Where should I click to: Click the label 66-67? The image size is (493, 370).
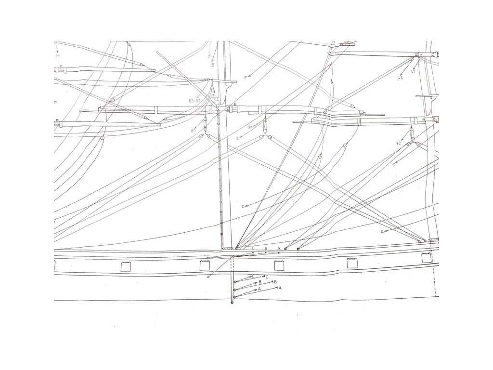tap(195, 100)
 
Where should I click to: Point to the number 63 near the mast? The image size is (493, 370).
tap(216, 99)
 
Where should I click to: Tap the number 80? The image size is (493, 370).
tap(193, 131)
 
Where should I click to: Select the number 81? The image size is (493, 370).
tap(250, 127)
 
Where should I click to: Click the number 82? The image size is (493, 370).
tap(399, 144)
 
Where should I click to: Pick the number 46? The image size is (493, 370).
tap(401, 77)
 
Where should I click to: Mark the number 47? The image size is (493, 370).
tap(413, 72)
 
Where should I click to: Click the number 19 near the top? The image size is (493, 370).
tap(212, 65)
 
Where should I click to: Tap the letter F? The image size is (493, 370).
tap(245, 78)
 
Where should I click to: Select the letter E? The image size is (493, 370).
tap(237, 138)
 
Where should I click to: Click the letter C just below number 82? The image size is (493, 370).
tap(393, 165)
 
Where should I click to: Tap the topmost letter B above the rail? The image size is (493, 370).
tap(266, 248)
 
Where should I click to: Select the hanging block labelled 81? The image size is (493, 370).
tap(265, 126)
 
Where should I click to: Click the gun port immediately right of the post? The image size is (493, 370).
tap(278, 265)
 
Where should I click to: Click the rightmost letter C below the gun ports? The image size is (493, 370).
tap(267, 277)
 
